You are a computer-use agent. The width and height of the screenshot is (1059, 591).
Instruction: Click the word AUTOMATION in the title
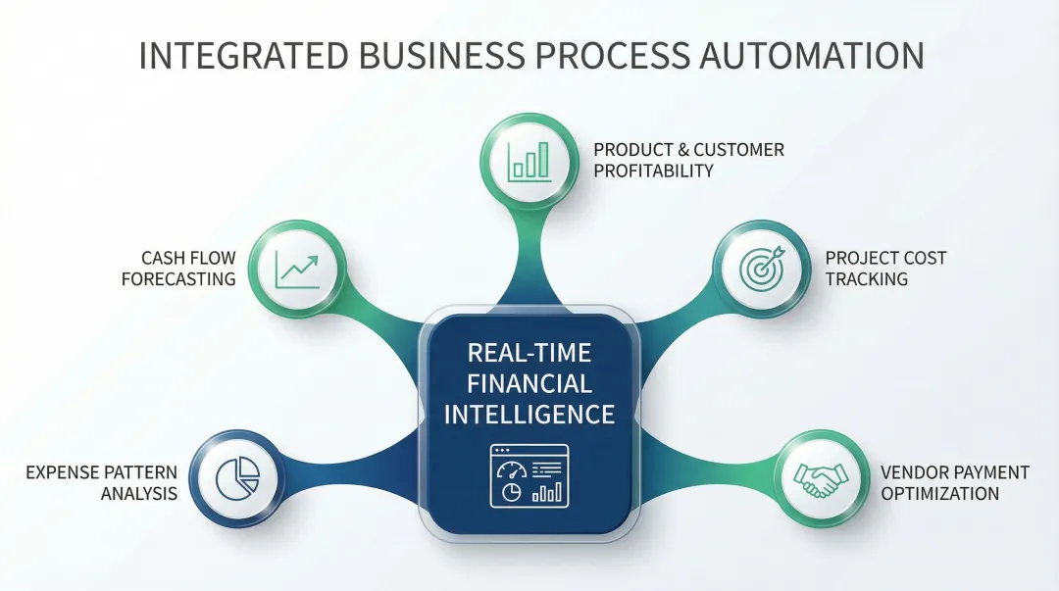[x=812, y=56]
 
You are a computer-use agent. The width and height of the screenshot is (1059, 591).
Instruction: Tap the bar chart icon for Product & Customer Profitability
[x=529, y=160]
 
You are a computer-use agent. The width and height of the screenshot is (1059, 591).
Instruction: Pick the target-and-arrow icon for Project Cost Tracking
[x=763, y=268]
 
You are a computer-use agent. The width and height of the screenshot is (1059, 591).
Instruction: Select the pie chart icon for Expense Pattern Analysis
[x=236, y=477]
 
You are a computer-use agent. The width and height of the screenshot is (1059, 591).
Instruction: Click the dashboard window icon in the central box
[x=529, y=476]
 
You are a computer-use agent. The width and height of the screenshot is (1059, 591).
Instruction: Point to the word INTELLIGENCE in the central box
[x=529, y=414]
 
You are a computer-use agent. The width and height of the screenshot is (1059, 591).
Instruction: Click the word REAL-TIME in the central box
[x=529, y=353]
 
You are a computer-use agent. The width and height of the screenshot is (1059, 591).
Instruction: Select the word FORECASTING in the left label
[x=178, y=279]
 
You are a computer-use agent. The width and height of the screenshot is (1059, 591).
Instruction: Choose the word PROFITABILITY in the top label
[x=653, y=171]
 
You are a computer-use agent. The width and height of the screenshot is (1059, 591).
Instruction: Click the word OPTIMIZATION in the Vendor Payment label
[x=939, y=494]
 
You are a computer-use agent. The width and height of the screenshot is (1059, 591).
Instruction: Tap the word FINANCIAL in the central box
[x=529, y=383]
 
